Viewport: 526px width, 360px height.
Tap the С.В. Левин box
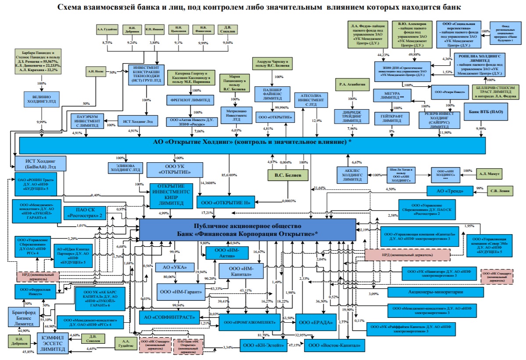point(501,191)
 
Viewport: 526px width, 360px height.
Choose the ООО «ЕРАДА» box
point(312,322)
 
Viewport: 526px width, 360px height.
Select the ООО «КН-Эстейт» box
point(263,346)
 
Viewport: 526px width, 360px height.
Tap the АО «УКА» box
point(174,267)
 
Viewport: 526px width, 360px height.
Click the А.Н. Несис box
point(96,71)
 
